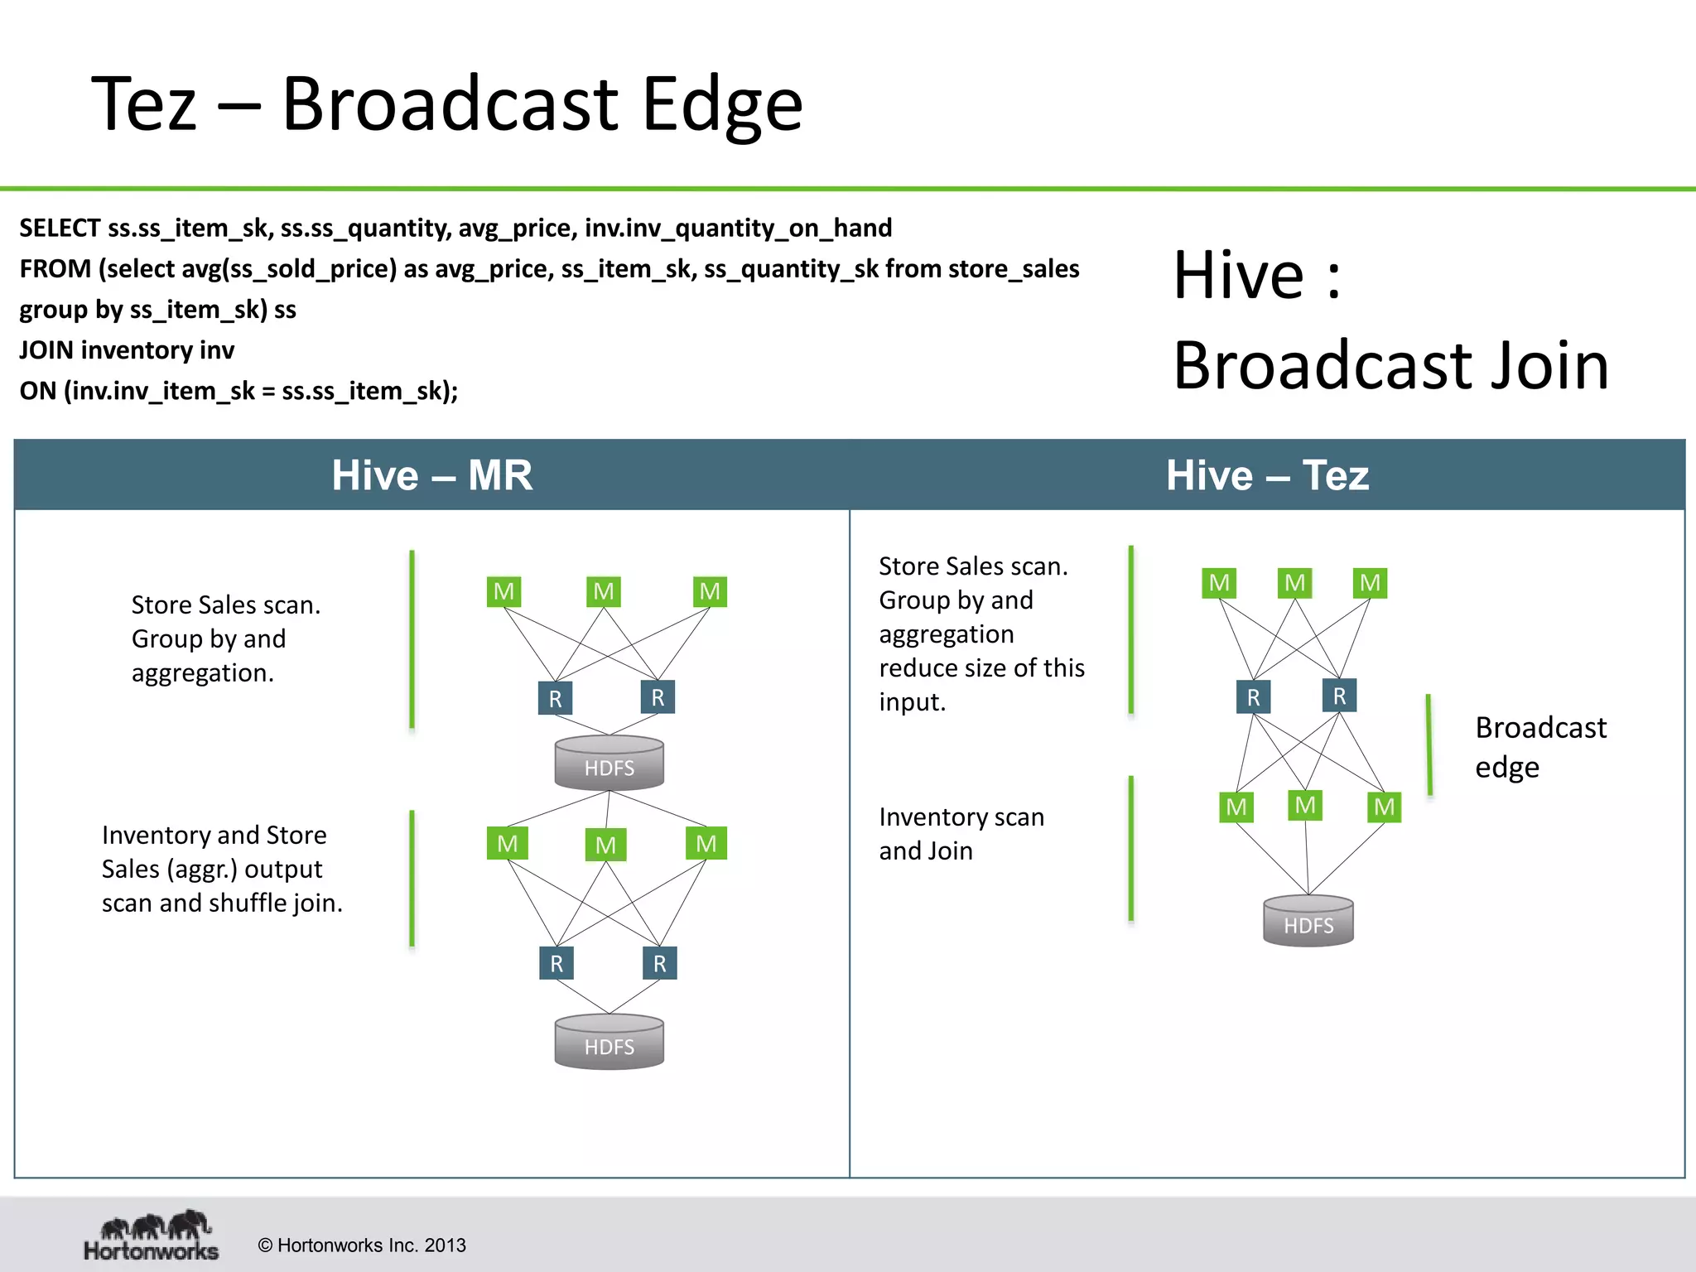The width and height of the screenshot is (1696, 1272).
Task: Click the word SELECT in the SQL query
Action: pyautogui.click(x=60, y=228)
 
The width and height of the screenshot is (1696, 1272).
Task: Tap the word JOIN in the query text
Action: pyautogui.click(x=47, y=350)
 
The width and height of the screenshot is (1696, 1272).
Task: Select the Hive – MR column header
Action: pyautogui.click(x=431, y=475)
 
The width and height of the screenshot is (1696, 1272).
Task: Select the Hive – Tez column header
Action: pyautogui.click(x=1267, y=475)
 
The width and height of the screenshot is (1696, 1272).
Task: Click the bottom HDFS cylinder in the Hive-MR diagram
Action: pyautogui.click(x=609, y=1043)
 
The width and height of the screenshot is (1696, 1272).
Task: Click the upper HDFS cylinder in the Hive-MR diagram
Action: pyautogui.click(x=609, y=764)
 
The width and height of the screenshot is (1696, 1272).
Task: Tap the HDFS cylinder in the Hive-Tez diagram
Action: pyautogui.click(x=1308, y=921)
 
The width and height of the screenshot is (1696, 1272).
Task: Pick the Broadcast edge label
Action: pyautogui.click(x=1539, y=747)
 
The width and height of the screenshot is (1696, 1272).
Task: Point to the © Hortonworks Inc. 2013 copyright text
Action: pyautogui.click(x=362, y=1245)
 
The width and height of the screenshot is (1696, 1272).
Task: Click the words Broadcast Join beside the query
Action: pyautogui.click(x=1390, y=365)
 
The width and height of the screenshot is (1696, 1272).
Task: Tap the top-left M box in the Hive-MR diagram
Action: pyautogui.click(x=503, y=591)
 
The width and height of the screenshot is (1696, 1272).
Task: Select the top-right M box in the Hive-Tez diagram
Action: pyautogui.click(x=1370, y=583)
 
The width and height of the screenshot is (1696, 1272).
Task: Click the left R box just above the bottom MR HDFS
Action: pyautogui.click(x=556, y=963)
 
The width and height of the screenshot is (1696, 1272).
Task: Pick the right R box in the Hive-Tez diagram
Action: pyautogui.click(x=1339, y=696)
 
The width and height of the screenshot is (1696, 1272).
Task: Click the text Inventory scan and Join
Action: pyautogui.click(x=961, y=834)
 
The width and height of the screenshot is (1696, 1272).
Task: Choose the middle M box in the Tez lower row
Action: pyautogui.click(x=1305, y=805)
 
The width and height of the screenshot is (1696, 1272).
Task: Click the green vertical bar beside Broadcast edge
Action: pyautogui.click(x=1429, y=745)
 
